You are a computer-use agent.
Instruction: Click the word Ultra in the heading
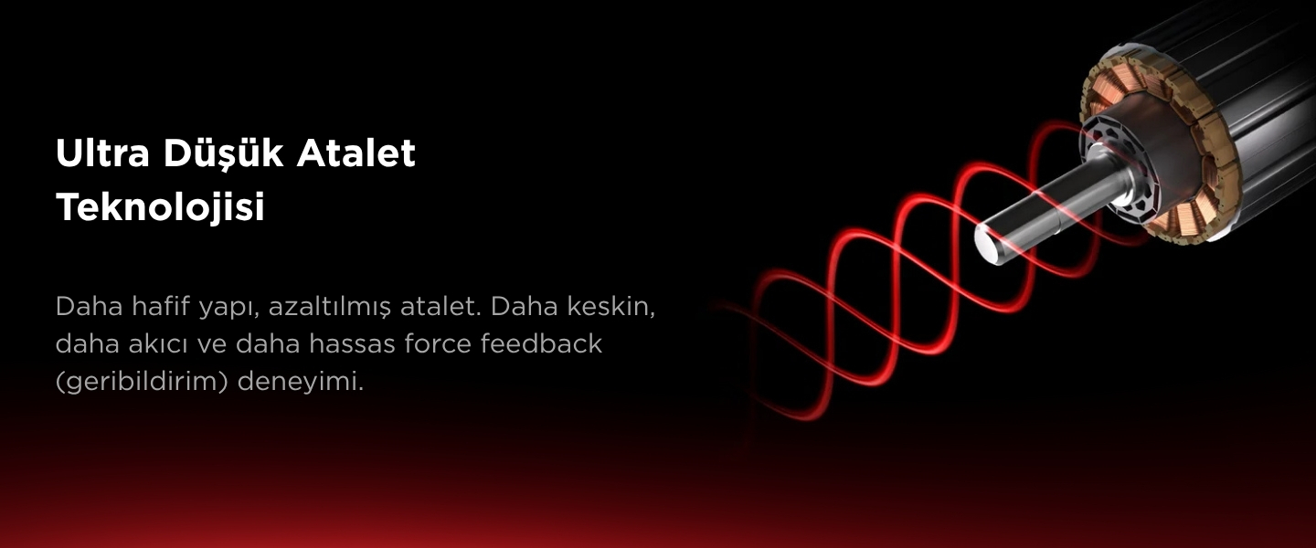[x=102, y=153]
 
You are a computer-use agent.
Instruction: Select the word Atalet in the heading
[x=356, y=153]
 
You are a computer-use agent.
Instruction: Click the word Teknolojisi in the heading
[x=161, y=207]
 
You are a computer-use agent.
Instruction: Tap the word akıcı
[x=159, y=344]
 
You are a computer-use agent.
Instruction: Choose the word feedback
[x=541, y=344]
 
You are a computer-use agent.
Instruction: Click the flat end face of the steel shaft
[x=988, y=243]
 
